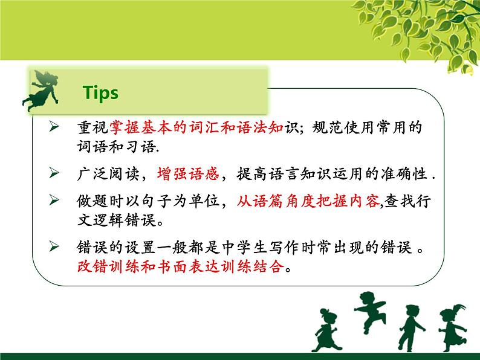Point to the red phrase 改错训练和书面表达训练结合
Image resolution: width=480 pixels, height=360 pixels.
(180, 266)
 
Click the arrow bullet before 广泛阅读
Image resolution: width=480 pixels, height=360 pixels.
(54, 173)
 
